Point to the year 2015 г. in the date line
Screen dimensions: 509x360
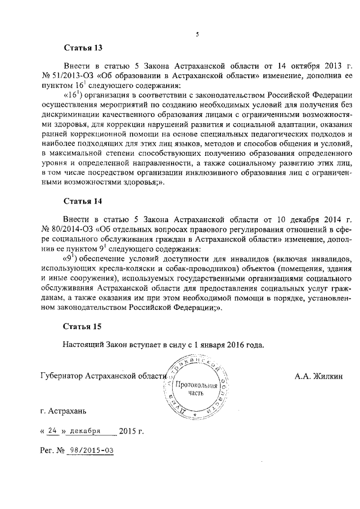click(x=132, y=431)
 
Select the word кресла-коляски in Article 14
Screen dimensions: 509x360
click(x=112, y=268)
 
